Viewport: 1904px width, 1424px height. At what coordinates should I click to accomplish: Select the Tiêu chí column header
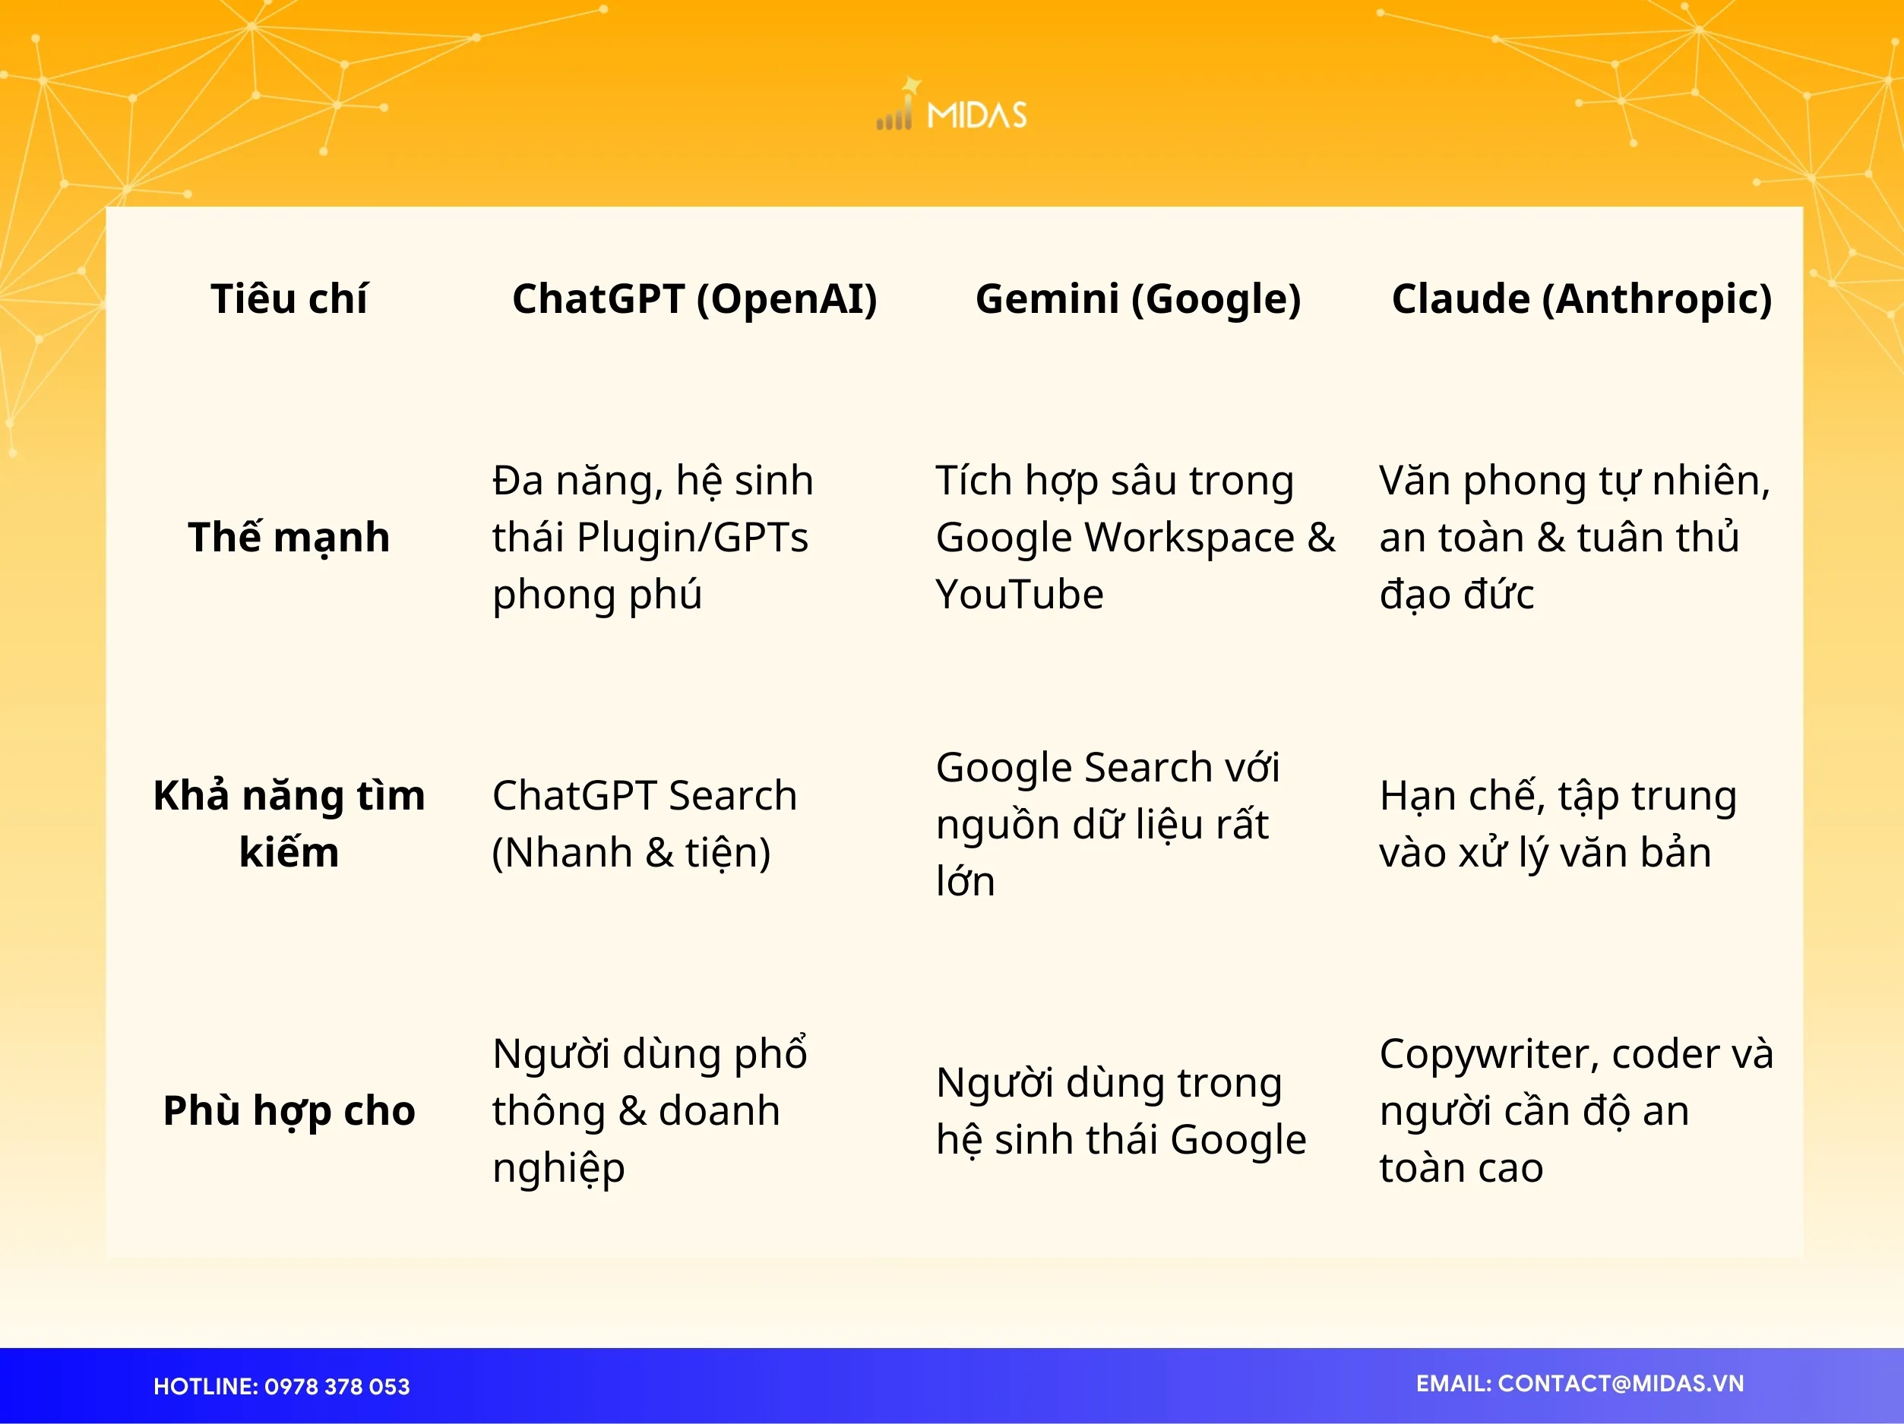289,299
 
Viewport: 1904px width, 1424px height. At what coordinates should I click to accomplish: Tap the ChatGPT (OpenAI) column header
694,299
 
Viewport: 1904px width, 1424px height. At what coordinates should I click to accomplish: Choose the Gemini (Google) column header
1137,299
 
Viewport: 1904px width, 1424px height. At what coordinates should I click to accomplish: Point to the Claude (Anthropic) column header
1581,299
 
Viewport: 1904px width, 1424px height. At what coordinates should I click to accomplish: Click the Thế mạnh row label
289,538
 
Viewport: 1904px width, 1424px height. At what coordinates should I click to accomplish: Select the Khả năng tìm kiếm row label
289,823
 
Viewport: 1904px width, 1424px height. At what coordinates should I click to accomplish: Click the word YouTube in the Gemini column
1019,595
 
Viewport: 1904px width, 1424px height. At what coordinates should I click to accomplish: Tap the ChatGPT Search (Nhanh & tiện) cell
644,823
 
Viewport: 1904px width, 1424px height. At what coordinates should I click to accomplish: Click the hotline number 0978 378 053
337,1386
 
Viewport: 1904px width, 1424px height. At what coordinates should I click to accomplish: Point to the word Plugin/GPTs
692,538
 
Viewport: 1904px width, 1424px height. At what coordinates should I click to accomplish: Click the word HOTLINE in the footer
204,1386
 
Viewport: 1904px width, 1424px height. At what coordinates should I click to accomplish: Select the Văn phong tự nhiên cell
1573,538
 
